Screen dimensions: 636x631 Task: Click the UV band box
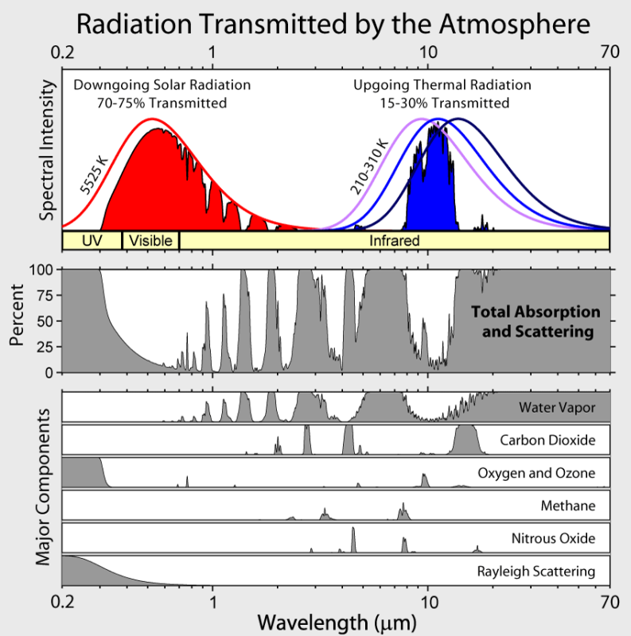pyautogui.click(x=92, y=240)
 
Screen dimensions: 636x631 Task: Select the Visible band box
pyautogui.click(x=150, y=240)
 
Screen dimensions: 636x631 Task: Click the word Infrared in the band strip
pyautogui.click(x=393, y=240)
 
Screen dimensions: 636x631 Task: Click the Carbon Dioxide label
pyautogui.click(x=547, y=440)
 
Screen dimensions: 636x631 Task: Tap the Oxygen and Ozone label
pyautogui.click(x=536, y=473)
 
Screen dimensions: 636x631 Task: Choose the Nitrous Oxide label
pyautogui.click(x=553, y=538)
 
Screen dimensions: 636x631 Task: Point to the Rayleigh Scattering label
pyautogui.click(x=536, y=571)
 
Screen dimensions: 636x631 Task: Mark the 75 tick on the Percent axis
pyautogui.click(x=46, y=295)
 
